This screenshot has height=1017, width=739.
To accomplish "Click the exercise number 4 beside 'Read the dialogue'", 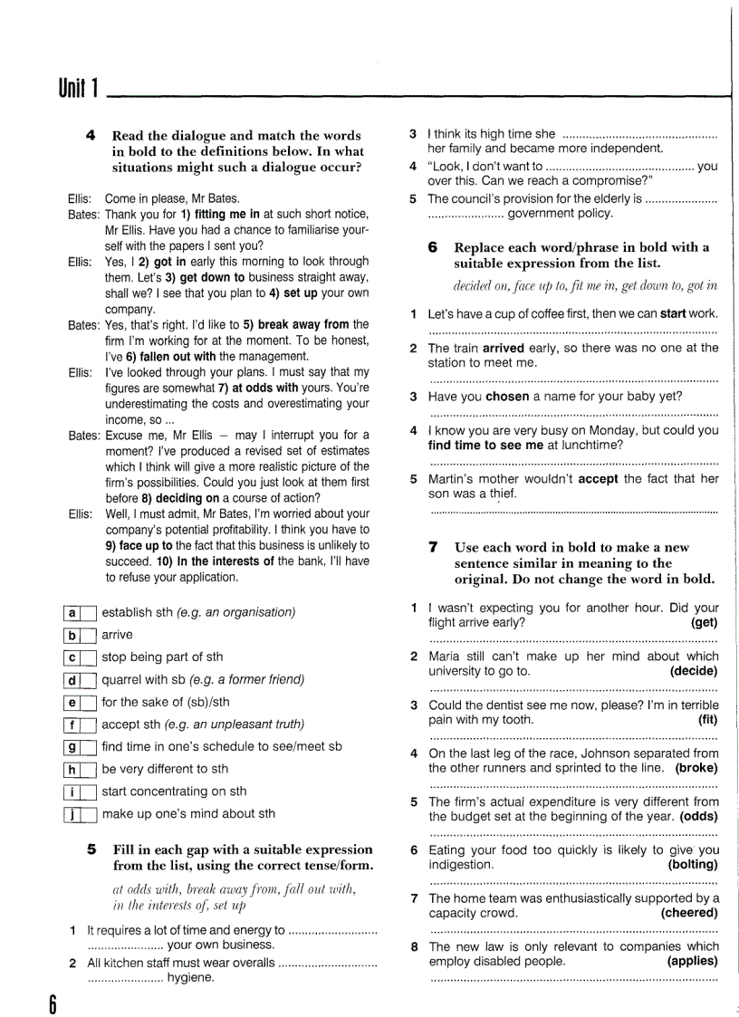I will pos(91,135).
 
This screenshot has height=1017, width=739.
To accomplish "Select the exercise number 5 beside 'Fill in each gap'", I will pos(91,849).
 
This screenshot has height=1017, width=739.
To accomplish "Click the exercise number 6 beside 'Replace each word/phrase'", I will pos(433,247).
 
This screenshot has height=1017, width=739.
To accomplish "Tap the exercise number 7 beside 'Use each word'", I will pos(434,547).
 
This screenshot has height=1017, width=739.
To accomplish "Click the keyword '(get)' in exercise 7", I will pos(704,623).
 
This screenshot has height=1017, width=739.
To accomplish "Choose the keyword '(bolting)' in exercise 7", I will pos(692,865).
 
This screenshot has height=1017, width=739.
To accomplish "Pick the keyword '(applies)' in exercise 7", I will pos(692,962).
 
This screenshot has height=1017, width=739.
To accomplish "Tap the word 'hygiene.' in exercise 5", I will pos(190,978).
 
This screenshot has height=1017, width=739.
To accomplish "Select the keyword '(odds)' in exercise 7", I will pos(696,817).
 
